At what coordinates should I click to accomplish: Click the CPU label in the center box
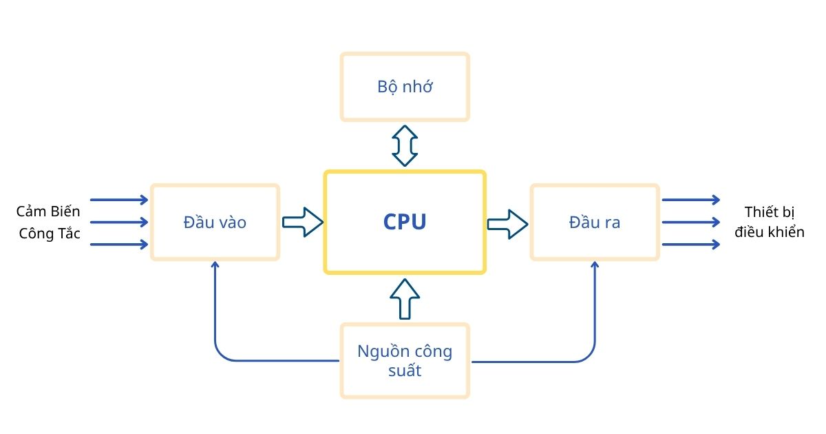(405, 222)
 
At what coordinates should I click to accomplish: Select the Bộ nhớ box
(405, 87)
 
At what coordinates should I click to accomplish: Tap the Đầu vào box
(215, 222)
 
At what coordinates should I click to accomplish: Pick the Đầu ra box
(595, 222)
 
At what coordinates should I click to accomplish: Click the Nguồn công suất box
(405, 361)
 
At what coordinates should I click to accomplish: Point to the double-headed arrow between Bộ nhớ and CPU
(405, 145)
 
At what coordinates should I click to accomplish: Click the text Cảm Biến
(48, 211)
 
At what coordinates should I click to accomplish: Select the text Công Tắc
(50, 234)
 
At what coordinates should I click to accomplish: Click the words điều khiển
(769, 232)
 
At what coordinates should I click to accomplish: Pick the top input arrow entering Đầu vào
(119, 200)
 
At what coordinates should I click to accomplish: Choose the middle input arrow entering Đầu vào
(119, 222)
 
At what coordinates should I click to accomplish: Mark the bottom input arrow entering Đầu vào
(119, 244)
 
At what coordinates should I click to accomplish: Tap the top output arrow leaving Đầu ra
(690, 200)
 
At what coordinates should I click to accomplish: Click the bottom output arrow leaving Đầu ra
(690, 244)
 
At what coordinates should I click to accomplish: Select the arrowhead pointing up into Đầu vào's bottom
(215, 267)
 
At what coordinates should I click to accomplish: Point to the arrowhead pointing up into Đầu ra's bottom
(595, 267)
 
